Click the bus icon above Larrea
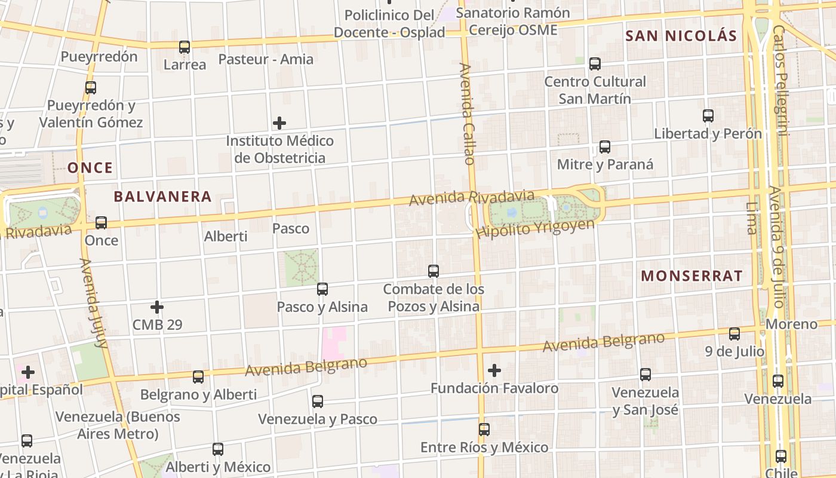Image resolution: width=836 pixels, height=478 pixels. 185,47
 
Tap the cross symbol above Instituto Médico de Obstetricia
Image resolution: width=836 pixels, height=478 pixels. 279,124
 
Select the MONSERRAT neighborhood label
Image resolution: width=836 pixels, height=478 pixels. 691,276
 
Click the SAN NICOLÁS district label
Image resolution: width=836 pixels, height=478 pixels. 681,36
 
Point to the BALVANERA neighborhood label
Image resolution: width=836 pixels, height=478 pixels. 162,197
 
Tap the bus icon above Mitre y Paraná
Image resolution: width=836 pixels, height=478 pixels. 604,147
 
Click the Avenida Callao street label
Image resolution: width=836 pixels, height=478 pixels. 467,114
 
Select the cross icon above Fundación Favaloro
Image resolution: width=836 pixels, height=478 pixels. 494,370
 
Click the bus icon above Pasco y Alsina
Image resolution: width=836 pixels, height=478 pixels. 322,289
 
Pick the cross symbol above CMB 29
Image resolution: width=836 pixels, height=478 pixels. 157,307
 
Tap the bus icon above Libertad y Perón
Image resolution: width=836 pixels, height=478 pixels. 708,116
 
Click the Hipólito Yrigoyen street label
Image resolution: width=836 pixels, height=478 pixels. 536,228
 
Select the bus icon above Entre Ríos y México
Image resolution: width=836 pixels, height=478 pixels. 484,429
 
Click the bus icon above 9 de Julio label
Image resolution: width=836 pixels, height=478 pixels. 734,333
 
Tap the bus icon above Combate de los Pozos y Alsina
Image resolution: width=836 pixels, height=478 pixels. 434,271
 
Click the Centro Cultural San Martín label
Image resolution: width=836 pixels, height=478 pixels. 595,90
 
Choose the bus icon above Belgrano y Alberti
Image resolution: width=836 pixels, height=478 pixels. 198,377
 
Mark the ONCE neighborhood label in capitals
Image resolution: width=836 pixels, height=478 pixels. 90,168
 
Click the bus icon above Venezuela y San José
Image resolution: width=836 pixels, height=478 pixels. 646,375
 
